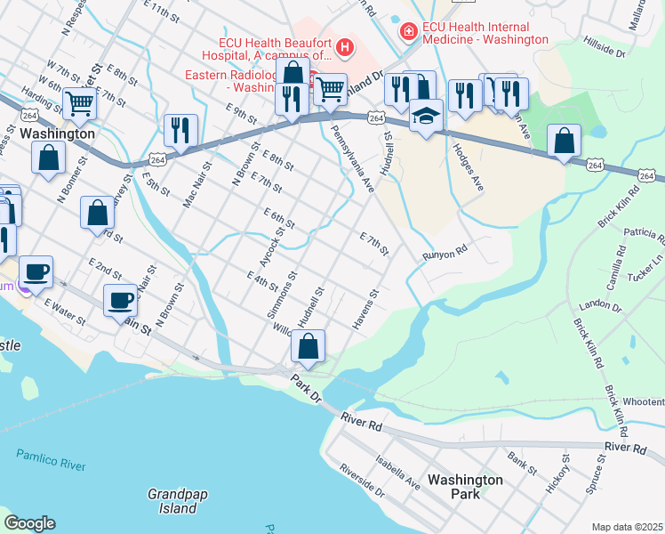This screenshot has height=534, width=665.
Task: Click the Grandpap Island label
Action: tap(172, 501)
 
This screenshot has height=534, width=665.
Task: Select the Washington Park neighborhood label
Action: tap(465, 487)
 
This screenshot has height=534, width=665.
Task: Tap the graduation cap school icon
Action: tap(427, 117)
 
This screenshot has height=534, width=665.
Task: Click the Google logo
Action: tap(29, 523)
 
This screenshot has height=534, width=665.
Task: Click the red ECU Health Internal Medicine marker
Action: tap(407, 32)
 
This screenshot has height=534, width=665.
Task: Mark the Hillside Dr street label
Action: tap(605, 47)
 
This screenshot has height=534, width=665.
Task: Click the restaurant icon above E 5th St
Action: tap(180, 130)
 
